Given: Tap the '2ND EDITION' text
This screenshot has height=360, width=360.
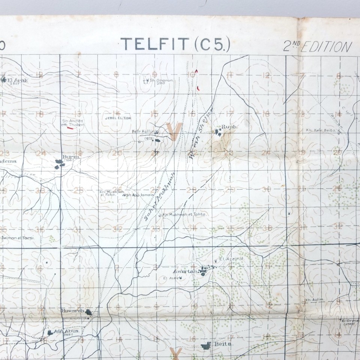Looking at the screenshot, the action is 317,46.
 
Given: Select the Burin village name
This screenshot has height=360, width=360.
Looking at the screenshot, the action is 72,157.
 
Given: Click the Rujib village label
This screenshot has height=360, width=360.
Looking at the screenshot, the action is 229,127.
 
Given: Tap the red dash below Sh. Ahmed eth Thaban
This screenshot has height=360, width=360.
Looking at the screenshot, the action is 70,127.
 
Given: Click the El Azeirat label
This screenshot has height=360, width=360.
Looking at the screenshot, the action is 226,259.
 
